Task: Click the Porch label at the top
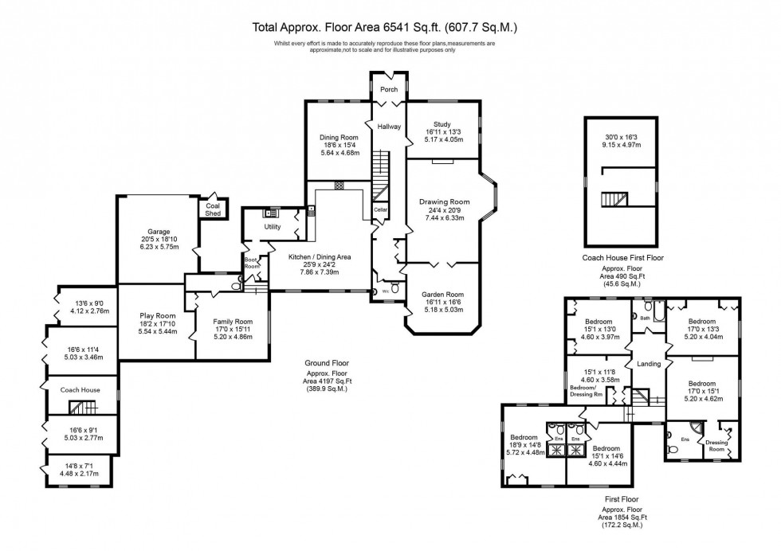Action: pyautogui.click(x=388, y=89)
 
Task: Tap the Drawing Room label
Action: pyautogui.click(x=444, y=201)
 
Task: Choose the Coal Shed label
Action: pyautogui.click(x=213, y=209)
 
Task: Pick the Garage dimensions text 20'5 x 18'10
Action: pyautogui.click(x=157, y=240)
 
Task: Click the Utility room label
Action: pyautogui.click(x=272, y=227)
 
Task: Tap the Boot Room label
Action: pyautogui.click(x=251, y=264)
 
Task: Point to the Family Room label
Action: pyautogui.click(x=232, y=321)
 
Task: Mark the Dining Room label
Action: pyautogui.click(x=339, y=138)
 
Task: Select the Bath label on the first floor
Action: pyautogui.click(x=645, y=318)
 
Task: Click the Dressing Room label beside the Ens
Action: pyautogui.click(x=717, y=447)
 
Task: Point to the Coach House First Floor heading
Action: pyautogui.click(x=623, y=258)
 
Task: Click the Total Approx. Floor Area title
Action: pyautogui.click(x=385, y=27)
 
